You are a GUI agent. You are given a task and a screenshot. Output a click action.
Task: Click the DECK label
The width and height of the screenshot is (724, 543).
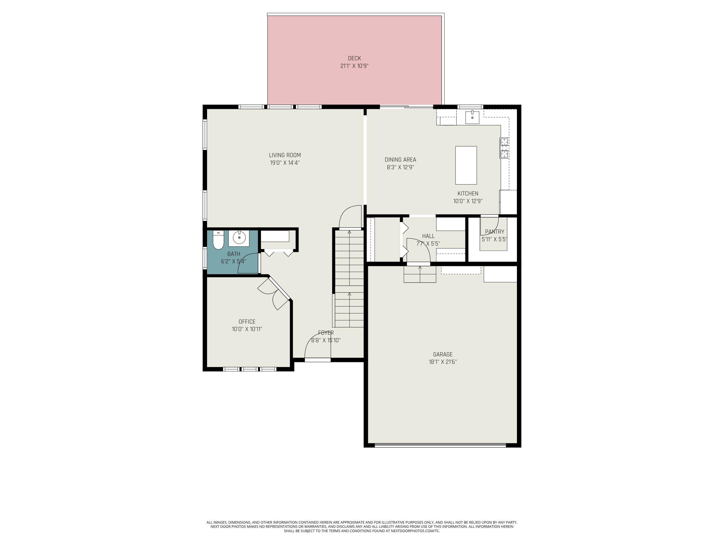(x=355, y=58)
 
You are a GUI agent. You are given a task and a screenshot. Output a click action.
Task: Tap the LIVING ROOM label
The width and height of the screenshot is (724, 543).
(x=285, y=155)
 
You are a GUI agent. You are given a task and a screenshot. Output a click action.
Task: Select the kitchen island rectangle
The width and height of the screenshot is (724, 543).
(x=466, y=165)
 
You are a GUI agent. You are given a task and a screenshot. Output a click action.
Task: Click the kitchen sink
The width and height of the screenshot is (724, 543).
(x=472, y=118)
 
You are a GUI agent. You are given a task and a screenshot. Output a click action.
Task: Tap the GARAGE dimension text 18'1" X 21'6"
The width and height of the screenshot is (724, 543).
(x=443, y=362)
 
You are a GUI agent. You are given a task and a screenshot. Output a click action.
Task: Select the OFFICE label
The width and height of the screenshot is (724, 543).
(x=247, y=322)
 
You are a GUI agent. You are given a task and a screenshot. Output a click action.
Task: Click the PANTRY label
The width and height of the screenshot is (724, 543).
(x=494, y=232)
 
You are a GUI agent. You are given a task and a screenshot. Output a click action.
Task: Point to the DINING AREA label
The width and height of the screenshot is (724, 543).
(x=400, y=160)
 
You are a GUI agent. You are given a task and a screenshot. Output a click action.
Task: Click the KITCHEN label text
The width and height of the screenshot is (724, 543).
(x=468, y=194)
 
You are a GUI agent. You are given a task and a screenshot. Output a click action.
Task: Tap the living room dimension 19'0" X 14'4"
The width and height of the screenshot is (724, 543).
(x=285, y=163)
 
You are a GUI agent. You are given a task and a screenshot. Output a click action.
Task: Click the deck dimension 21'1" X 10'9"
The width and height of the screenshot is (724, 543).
(x=355, y=66)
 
